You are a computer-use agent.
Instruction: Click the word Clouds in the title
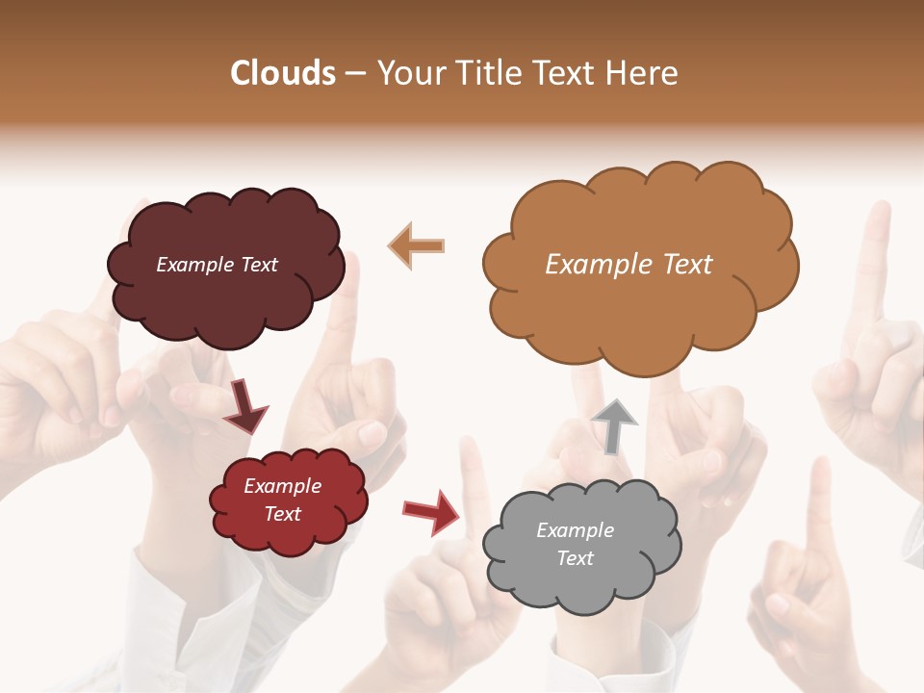[x=283, y=73]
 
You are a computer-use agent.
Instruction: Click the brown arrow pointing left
[x=416, y=245]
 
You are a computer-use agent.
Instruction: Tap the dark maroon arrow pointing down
[x=244, y=406]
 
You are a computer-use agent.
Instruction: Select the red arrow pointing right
[x=431, y=511]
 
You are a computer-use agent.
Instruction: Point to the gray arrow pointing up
[x=614, y=424]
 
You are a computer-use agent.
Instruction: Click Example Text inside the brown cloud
[x=629, y=265]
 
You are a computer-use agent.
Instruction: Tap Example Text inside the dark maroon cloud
[x=217, y=265]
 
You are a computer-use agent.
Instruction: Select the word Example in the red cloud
[x=282, y=486]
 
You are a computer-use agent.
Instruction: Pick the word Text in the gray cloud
[x=576, y=558]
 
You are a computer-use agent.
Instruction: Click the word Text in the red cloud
[x=283, y=514]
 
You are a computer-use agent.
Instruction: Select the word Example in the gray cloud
[x=575, y=530]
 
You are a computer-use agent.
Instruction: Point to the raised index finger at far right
[x=874, y=260]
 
